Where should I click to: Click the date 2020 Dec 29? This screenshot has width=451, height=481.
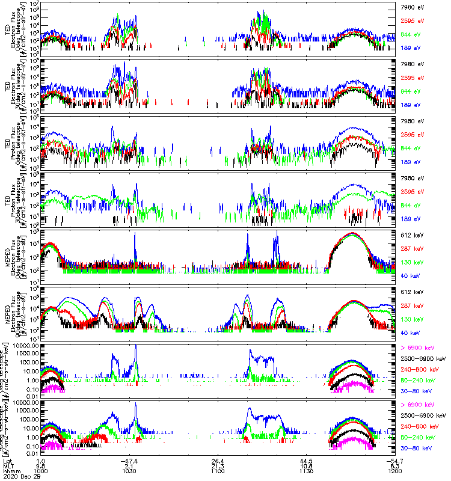tap(20, 476)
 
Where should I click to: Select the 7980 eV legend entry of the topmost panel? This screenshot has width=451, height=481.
tap(412, 8)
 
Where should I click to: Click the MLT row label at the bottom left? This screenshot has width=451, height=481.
tap(8, 465)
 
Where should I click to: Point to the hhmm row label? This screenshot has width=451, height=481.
tap(10, 471)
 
